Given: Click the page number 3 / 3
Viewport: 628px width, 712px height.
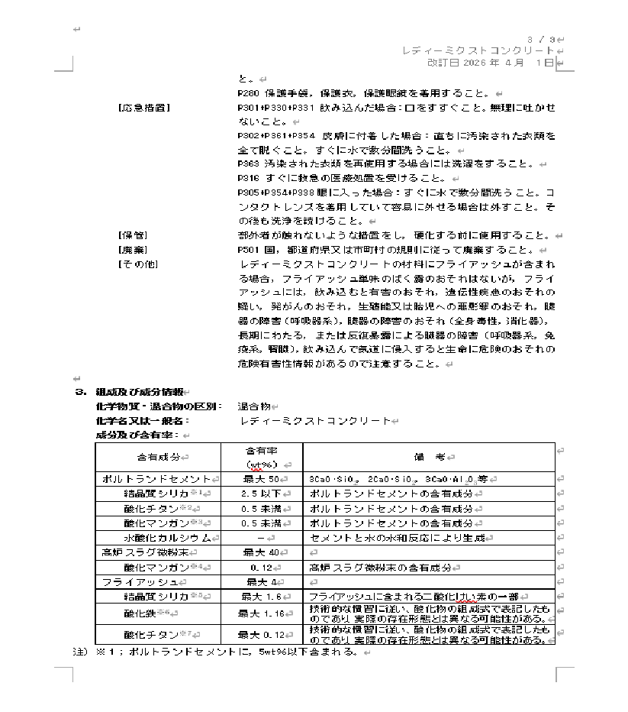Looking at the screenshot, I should (x=543, y=39).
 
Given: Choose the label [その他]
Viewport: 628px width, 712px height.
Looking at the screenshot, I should (x=137, y=264).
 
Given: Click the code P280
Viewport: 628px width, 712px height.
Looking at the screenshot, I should (x=250, y=92).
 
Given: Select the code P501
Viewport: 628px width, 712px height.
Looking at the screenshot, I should (x=250, y=249).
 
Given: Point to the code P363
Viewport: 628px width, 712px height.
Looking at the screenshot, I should (x=250, y=163).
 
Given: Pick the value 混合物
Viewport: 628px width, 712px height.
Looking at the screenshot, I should (x=253, y=406).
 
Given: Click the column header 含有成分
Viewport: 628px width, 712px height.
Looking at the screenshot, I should (x=158, y=457).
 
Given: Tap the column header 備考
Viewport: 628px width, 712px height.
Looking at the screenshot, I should (x=429, y=457).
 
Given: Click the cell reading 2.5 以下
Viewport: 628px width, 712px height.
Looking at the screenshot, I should (x=259, y=494).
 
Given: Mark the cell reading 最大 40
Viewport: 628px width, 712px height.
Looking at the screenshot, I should (x=259, y=552).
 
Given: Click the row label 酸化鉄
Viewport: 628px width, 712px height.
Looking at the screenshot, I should (x=140, y=613).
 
